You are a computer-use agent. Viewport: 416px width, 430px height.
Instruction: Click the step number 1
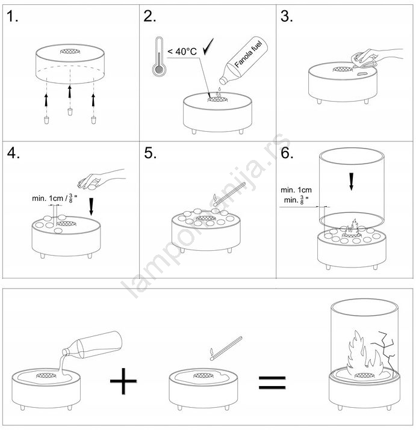tap(12, 16)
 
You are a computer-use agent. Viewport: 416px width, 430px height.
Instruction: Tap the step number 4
tap(13, 153)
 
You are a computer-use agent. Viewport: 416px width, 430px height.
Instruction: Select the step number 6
tap(287, 153)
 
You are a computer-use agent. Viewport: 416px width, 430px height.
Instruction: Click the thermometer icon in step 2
tap(159, 56)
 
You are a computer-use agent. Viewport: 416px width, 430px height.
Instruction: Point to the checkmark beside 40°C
tap(208, 47)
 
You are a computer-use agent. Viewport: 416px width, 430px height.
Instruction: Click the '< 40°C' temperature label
tap(182, 51)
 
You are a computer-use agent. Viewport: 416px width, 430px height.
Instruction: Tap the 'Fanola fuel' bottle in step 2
tap(244, 60)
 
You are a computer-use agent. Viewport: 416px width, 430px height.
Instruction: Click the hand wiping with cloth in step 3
tap(376, 58)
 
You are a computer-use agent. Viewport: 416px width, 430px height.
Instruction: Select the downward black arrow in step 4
tap(91, 206)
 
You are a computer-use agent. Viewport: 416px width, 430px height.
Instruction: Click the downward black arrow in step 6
tap(351, 182)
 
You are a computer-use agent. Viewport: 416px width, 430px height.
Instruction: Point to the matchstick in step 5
tap(229, 194)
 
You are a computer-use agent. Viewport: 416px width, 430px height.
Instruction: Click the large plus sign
tap(123, 381)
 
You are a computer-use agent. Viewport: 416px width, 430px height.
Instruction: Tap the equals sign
tap(272, 382)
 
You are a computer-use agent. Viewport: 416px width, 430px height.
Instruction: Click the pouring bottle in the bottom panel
tap(92, 346)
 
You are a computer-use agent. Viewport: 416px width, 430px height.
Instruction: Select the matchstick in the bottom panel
tap(226, 348)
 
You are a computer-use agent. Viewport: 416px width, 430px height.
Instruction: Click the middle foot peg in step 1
tap(70, 112)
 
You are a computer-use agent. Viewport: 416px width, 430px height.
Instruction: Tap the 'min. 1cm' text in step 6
tap(296, 190)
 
